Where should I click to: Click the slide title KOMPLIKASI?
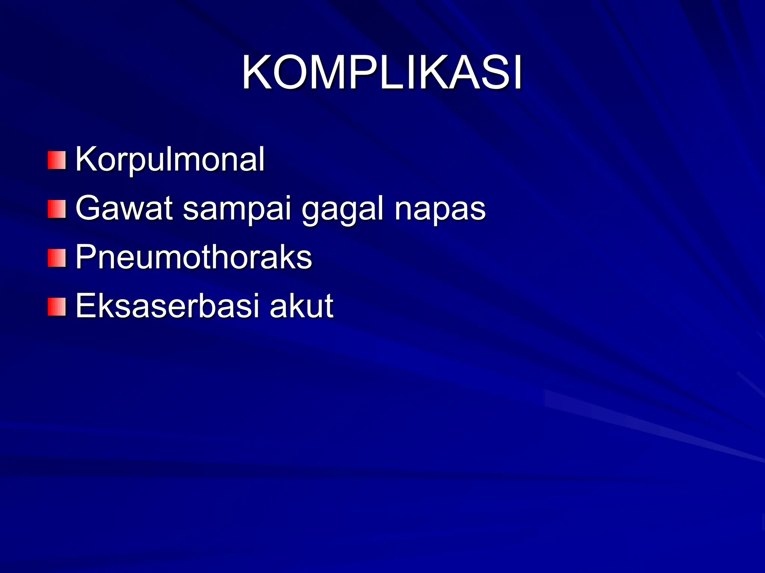[382, 73]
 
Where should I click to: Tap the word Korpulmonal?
[170, 159]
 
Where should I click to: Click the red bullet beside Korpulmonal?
[57, 160]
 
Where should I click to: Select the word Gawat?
[124, 208]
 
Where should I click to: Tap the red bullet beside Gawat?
[57, 209]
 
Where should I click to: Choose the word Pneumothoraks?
[193, 257]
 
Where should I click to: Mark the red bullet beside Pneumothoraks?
[57, 258]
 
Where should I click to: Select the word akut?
[301, 306]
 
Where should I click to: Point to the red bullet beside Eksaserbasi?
[57, 307]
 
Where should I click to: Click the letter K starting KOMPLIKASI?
[257, 73]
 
